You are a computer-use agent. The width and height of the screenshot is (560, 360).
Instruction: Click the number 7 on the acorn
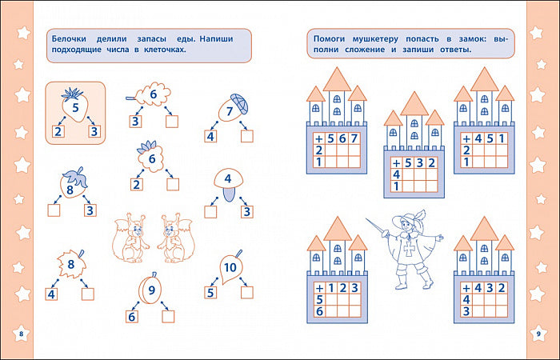pos(230,112)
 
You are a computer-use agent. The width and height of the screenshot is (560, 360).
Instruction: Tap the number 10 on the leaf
pos(230,267)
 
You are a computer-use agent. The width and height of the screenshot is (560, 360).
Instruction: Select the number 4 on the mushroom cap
pos(228,178)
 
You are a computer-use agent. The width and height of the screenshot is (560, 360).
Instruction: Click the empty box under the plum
pos(168,317)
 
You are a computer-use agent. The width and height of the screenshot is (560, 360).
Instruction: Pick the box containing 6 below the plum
pos(132,317)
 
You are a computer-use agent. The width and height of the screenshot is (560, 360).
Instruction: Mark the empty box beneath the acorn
pos(246,136)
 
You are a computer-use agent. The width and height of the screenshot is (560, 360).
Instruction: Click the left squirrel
pos(131,238)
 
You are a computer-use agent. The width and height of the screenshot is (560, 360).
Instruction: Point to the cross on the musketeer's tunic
pos(409,249)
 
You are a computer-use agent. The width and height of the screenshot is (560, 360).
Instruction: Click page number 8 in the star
pos(21,334)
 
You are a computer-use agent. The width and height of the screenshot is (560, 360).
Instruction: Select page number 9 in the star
pos(538,334)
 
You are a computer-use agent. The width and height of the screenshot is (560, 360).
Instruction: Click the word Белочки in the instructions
pos(70,39)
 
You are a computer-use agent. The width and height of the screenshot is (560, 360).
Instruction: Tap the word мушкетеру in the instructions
pos(375,39)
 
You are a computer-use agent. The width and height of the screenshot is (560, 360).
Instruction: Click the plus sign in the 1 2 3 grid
pos(320,288)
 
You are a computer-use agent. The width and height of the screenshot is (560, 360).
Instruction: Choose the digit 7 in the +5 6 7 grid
pos(354,138)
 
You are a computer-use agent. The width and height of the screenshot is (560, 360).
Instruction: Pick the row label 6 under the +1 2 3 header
pos(319,311)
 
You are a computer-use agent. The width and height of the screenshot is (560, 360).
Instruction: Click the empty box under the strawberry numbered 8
pos(54,210)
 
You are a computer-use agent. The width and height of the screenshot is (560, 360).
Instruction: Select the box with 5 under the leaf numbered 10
pos(210,293)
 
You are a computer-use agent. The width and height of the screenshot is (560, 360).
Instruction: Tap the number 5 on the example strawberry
pos(75,107)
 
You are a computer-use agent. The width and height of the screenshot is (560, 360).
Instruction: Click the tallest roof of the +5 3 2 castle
pos(414,104)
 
